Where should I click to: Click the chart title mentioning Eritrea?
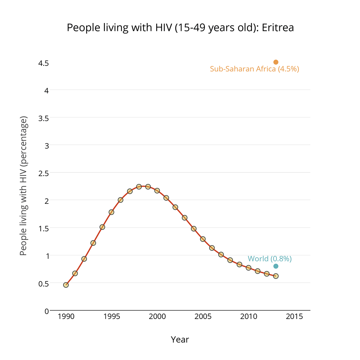pyautogui.click(x=180, y=28)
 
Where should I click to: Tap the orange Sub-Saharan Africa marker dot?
pyautogui.click(x=276, y=62)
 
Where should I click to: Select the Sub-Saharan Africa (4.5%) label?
pyautogui.click(x=255, y=69)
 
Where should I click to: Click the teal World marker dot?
pyautogui.click(x=276, y=266)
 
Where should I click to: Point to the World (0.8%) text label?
pyautogui.click(x=270, y=258)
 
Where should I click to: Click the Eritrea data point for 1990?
pyautogui.click(x=66, y=285)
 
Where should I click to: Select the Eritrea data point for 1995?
pyautogui.click(x=112, y=212)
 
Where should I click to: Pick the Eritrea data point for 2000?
pyautogui.click(x=157, y=190)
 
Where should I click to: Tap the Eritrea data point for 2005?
pyautogui.click(x=203, y=239)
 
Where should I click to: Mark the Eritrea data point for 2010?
pyautogui.click(x=248, y=268)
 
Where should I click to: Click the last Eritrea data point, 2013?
pyautogui.click(x=276, y=276)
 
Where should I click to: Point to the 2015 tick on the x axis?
pyautogui.click(x=294, y=317)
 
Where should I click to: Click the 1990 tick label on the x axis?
pyautogui.click(x=66, y=317)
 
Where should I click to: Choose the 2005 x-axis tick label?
pyautogui.click(x=203, y=317)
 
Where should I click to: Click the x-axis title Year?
pyautogui.click(x=180, y=339)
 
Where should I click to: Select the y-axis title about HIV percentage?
pyautogui.click(x=23, y=186)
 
